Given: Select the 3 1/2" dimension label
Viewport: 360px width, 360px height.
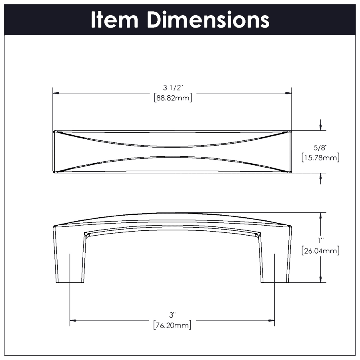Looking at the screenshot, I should click(x=173, y=88).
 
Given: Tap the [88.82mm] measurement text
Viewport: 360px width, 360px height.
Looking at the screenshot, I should click(x=173, y=98).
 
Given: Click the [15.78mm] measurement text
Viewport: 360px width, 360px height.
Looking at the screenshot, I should click(x=320, y=158).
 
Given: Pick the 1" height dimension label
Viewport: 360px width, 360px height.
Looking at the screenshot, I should click(x=320, y=240).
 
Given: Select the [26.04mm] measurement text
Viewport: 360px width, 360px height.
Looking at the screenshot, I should click(x=320, y=251).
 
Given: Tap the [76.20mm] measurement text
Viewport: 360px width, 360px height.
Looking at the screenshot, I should click(x=172, y=325).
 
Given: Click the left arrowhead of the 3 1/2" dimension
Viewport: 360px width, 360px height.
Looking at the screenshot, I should click(x=56, y=93).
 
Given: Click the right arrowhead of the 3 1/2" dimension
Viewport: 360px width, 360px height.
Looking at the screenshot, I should click(x=288, y=93).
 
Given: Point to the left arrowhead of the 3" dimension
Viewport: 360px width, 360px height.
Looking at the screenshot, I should click(x=73, y=320).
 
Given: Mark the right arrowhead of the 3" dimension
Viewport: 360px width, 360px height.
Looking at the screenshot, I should click(x=272, y=320).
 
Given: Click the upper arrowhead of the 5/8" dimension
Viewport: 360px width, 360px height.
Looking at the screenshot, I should click(x=321, y=127).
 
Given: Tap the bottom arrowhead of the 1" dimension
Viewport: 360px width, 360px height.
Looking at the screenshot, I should click(x=321, y=280).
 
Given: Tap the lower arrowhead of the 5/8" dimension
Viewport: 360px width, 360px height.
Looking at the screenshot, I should click(x=321, y=176).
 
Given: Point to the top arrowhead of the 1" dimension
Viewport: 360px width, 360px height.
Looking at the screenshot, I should click(x=321, y=216).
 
